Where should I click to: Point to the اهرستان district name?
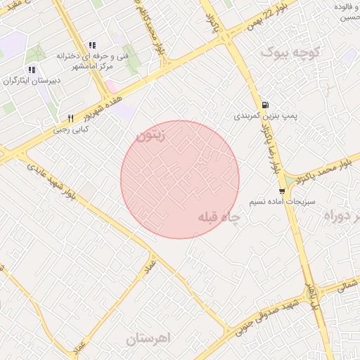148,338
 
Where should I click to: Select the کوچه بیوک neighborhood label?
290,52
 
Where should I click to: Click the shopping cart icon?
282,191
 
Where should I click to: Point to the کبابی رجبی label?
71,129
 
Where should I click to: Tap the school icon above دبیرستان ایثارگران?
30,70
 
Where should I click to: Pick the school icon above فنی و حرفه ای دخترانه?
92,45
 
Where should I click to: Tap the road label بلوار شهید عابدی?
53,180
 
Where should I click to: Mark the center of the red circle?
180,179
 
